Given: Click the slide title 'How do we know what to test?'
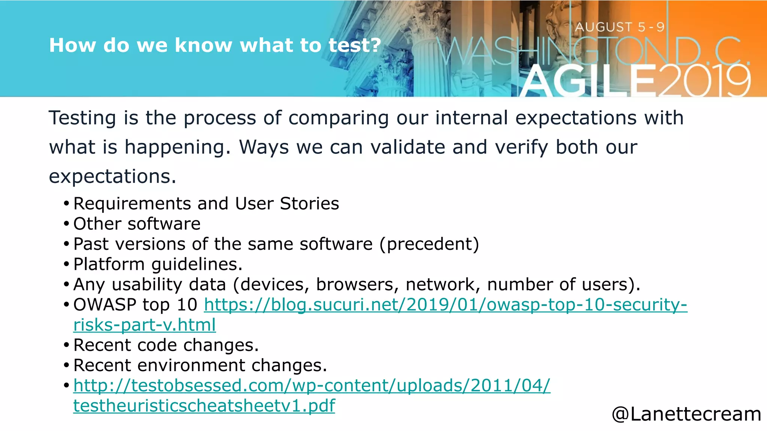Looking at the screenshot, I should pos(215,45).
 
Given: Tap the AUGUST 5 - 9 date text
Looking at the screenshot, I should pos(619,27).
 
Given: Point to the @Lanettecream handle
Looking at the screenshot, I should pos(686,414).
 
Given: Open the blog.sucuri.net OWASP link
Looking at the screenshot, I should pos(445,305).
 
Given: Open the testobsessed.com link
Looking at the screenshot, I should pos(312,385).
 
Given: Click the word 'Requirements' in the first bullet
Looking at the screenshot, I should pos(132,204).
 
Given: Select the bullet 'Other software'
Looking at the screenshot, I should pos(137,224).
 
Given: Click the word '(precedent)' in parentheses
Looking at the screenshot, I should pos(429,244).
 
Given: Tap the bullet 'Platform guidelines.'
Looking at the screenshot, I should pos(158,265).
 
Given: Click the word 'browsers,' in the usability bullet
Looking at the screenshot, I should pos(357,285).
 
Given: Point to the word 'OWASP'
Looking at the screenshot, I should pos(104,305).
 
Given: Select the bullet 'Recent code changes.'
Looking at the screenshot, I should pos(166,345).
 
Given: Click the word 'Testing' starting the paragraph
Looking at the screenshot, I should pos(82,118).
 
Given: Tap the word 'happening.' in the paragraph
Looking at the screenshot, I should pos(178,147).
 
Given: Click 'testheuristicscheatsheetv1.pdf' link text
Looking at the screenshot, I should pos(204,406).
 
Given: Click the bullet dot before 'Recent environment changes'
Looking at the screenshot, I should pos(66,366).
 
